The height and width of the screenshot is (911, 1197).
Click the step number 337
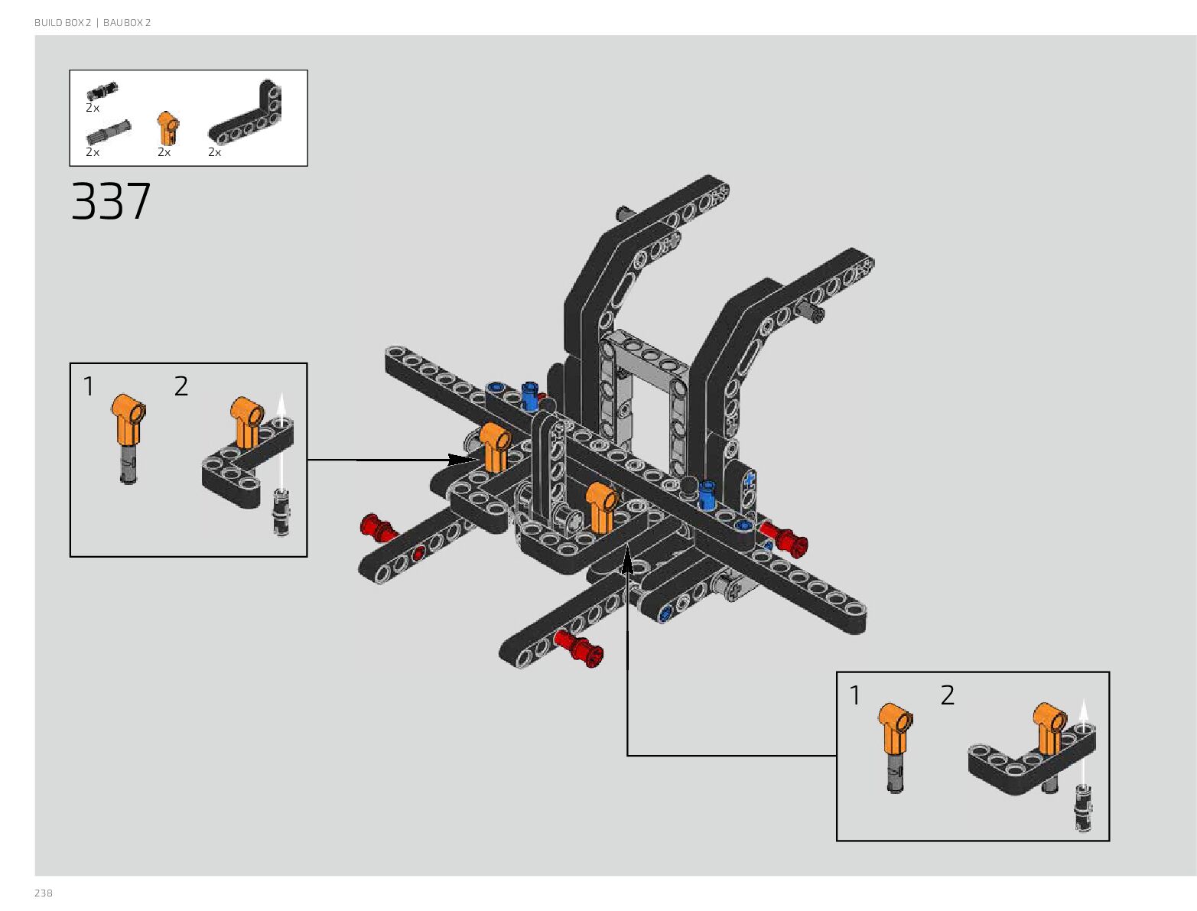[111, 202]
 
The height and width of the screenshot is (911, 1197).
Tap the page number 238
[44, 893]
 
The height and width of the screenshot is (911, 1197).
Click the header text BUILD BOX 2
[62, 23]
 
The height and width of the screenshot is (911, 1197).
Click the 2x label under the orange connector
[164, 152]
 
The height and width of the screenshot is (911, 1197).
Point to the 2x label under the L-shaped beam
[215, 152]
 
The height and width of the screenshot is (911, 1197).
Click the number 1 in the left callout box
[89, 387]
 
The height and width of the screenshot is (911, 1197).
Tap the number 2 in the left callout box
[181, 386]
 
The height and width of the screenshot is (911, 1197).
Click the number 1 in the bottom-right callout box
[855, 696]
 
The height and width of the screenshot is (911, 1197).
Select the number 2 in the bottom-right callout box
[948, 695]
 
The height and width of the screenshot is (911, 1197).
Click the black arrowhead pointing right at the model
[463, 460]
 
